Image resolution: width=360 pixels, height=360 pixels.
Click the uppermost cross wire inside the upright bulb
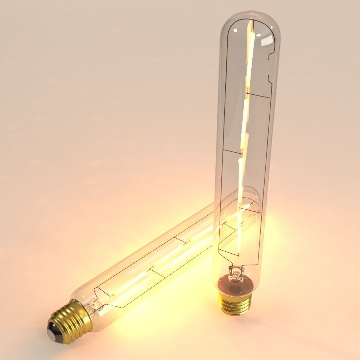coord(258,96)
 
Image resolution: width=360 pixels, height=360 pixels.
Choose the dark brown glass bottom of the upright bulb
coord(236,284)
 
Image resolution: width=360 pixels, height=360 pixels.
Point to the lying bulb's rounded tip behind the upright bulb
coord(252,196)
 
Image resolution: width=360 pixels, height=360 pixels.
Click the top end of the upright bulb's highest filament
coord(251,21)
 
